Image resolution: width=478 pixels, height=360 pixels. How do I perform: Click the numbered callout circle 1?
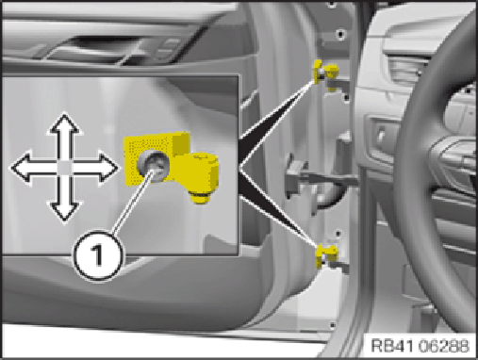(x=98, y=256)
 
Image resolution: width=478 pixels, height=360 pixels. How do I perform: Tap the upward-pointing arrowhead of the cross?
(x=65, y=123)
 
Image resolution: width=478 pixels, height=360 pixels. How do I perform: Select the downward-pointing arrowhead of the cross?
(x=65, y=211)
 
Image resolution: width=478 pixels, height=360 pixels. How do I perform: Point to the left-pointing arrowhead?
(x=22, y=168)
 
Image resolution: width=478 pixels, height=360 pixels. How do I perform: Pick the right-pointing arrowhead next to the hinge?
(x=108, y=168)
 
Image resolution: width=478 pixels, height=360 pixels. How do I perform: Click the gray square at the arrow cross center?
(x=65, y=168)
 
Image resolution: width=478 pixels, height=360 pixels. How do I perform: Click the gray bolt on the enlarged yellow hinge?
(x=153, y=167)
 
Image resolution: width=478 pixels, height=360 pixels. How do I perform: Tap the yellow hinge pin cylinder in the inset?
(x=202, y=177)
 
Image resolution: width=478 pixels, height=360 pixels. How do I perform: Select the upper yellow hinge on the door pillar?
(x=325, y=73)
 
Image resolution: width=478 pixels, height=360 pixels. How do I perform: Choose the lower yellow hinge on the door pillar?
(x=327, y=255)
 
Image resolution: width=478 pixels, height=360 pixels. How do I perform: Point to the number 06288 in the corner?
(x=445, y=346)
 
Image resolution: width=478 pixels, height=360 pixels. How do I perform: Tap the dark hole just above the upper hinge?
(x=340, y=33)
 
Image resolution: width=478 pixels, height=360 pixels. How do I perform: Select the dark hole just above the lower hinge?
(x=338, y=234)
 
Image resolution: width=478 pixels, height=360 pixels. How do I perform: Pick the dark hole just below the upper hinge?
(x=346, y=98)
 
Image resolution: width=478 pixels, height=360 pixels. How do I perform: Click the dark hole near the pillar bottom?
(x=332, y=325)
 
